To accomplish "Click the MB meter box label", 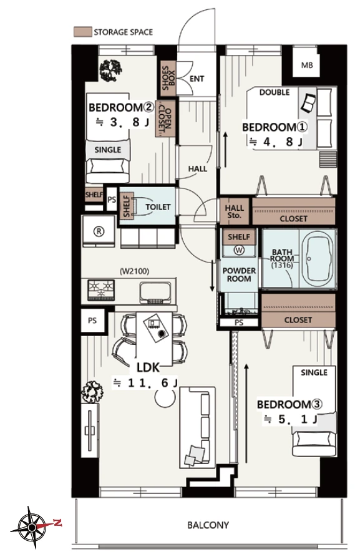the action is (307, 65).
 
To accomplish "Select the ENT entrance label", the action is (197, 79).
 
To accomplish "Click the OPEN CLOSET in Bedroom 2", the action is (165, 119).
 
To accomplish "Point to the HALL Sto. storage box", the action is (234, 211).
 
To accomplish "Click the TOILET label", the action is (158, 207).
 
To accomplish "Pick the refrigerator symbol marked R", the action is (99, 231).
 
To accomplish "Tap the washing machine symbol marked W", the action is (239, 250).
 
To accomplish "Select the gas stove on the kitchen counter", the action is (102, 290).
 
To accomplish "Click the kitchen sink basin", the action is (155, 292).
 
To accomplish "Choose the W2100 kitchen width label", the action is (134, 271).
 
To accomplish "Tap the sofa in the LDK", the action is (197, 427).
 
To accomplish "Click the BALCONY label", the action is (208, 525).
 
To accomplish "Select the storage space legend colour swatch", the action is (82, 32).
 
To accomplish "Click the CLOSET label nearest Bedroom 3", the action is (298, 319).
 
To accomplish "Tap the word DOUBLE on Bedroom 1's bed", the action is (275, 92).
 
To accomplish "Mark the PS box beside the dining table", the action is (92, 321).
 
